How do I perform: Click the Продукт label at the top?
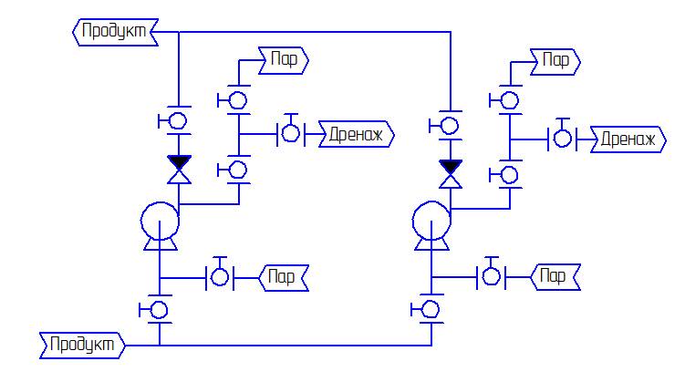click(x=115, y=32)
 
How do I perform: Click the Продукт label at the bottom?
click(x=82, y=346)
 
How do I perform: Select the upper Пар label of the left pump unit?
click(x=284, y=61)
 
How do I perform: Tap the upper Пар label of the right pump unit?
click(x=555, y=62)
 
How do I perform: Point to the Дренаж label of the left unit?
click(x=356, y=134)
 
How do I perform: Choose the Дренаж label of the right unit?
click(x=628, y=139)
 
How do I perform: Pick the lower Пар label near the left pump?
click(x=284, y=278)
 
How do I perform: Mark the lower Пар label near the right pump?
click(x=555, y=277)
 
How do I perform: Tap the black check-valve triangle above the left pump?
click(x=179, y=162)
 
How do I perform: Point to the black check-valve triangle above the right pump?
click(x=451, y=167)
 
